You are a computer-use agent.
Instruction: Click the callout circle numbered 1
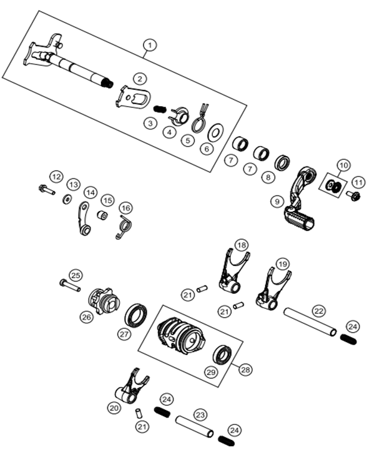tap(150, 46)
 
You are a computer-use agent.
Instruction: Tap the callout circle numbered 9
tap(277, 201)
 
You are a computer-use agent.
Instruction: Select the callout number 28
tap(246, 369)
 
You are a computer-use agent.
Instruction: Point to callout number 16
tap(126, 208)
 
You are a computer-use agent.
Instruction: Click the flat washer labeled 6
tap(215, 132)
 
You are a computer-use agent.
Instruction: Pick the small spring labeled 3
tap(160, 109)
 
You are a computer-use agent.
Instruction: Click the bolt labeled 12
tap(46, 190)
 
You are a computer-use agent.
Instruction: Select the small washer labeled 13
tap(67, 199)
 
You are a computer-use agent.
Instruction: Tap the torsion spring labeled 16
tap(125, 227)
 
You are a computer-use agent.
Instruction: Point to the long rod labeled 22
tap(310, 321)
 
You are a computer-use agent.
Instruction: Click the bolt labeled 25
tap(70, 285)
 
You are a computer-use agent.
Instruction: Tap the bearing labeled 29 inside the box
tap(222, 355)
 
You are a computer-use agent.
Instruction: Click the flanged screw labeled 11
tap(353, 196)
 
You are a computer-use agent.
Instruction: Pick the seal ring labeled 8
tap(282, 163)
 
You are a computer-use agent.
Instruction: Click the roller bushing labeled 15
tap(102, 215)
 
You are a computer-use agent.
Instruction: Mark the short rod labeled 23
tap(195, 426)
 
